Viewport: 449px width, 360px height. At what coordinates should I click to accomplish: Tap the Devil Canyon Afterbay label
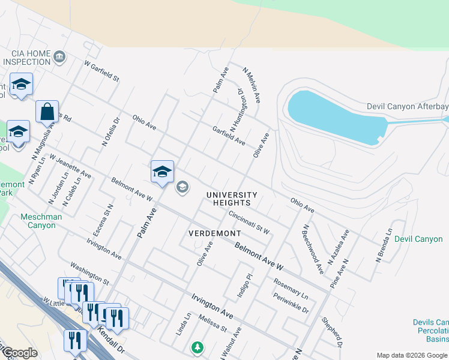click(x=407, y=107)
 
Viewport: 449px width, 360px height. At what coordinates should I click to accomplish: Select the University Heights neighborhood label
click(x=232, y=199)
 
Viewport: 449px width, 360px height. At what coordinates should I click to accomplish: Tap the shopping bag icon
click(x=47, y=112)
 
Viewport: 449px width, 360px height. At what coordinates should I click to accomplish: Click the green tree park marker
click(x=197, y=347)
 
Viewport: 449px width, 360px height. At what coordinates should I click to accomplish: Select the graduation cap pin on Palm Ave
click(x=162, y=172)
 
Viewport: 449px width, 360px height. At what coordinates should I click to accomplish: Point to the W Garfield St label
click(x=102, y=71)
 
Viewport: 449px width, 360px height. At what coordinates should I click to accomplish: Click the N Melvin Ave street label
click(x=252, y=84)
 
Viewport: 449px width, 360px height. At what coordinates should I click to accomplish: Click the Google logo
click(x=19, y=353)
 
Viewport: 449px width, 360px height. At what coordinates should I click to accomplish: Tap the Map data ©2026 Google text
click(x=412, y=355)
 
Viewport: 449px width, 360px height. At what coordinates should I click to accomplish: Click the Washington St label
click(x=89, y=273)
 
